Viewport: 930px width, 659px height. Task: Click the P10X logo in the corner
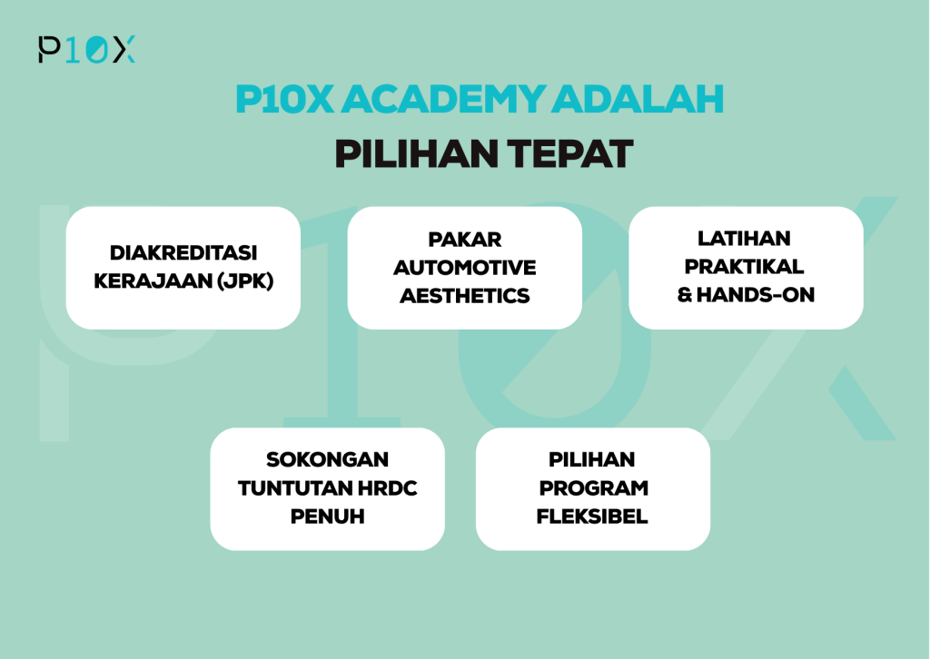[x=86, y=49]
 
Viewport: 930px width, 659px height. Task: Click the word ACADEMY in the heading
[x=443, y=99]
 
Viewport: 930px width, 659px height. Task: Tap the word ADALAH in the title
[x=638, y=99]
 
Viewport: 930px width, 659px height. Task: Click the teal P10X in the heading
[x=284, y=99]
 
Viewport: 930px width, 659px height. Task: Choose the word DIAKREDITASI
[x=183, y=253]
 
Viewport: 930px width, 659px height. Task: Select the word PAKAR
[x=465, y=240]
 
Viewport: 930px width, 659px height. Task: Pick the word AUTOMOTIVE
[x=464, y=268]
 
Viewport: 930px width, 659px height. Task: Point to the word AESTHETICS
[x=464, y=296]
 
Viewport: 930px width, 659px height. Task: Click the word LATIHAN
[x=744, y=238]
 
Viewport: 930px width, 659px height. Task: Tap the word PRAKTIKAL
[x=744, y=267]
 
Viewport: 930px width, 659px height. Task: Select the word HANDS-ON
[x=756, y=294]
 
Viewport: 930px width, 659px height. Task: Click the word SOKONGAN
[x=327, y=459]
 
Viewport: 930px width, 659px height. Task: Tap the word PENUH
[x=327, y=516]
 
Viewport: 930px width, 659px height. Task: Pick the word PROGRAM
[x=593, y=487]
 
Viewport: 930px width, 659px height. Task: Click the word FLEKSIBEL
[x=592, y=516]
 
